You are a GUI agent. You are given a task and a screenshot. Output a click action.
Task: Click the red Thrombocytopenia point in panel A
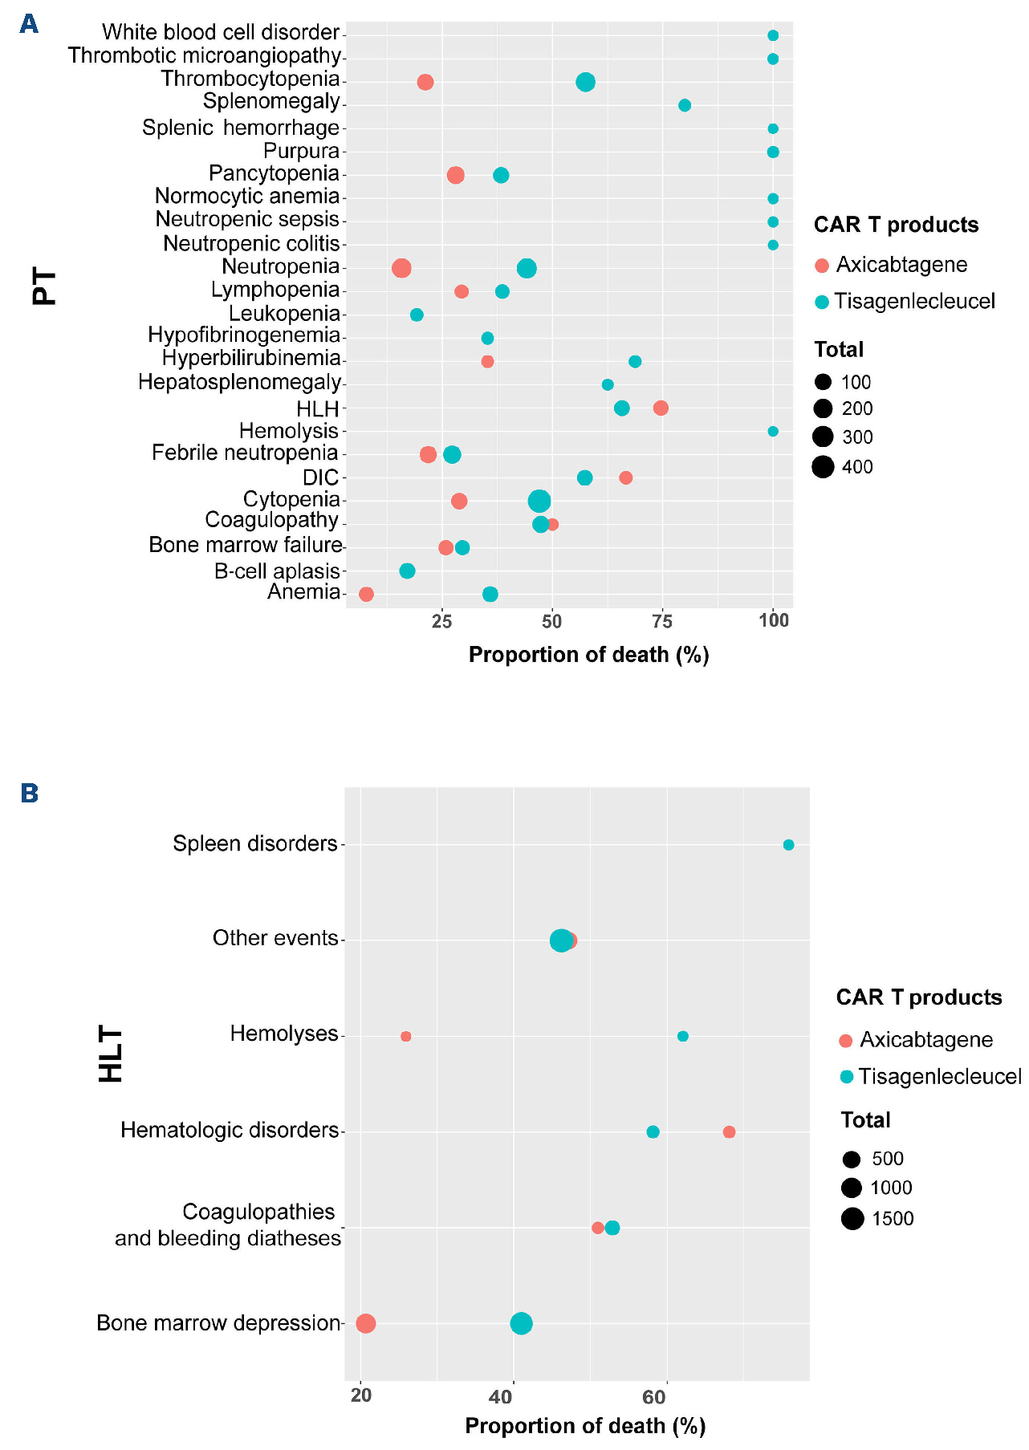(425, 82)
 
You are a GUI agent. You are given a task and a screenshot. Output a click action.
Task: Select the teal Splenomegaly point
(685, 105)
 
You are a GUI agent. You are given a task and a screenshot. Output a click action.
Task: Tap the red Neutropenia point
(402, 268)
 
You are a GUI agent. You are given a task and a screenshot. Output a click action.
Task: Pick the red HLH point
(661, 408)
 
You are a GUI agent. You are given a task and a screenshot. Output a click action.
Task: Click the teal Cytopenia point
(539, 502)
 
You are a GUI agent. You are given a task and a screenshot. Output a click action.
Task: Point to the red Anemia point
(366, 594)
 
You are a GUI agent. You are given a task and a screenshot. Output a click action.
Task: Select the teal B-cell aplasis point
(407, 571)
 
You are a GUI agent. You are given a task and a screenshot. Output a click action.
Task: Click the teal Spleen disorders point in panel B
(788, 844)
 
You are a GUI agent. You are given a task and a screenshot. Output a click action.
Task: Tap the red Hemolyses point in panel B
(405, 1036)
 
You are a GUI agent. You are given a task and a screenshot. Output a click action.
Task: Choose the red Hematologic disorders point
(729, 1132)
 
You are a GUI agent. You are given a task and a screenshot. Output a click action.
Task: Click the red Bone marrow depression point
(365, 1323)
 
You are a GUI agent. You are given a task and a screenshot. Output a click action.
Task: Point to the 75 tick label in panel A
(662, 620)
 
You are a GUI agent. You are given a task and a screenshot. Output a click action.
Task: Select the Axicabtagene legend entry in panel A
(901, 265)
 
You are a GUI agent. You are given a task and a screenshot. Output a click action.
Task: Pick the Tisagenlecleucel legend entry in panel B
(939, 1076)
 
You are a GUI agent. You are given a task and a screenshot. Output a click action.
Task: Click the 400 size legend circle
(823, 466)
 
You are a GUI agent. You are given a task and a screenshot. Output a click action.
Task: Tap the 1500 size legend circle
(852, 1219)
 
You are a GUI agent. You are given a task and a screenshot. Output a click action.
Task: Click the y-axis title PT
(45, 287)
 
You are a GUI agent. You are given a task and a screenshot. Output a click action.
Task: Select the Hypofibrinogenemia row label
(244, 335)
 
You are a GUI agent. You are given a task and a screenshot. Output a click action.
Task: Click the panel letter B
(30, 793)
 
